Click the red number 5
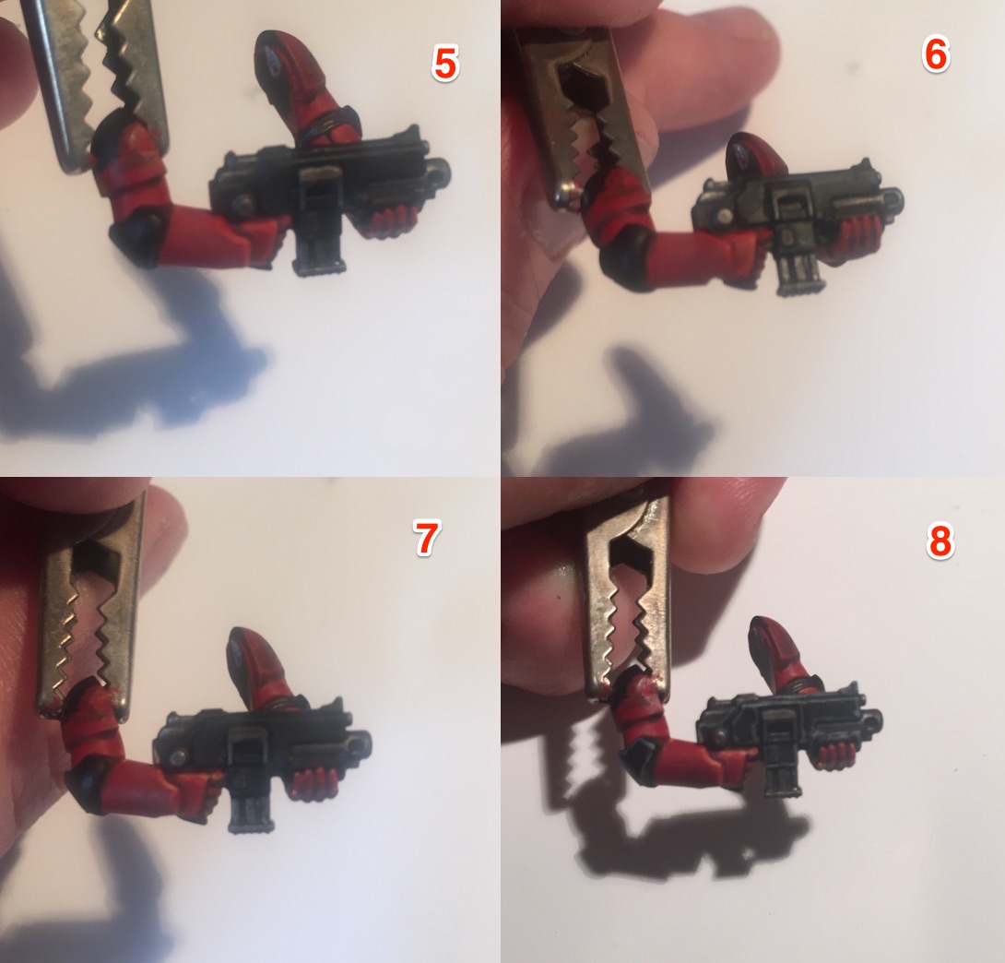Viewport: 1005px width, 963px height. [444, 64]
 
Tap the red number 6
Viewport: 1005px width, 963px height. [935, 54]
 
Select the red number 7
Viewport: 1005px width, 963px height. [426, 537]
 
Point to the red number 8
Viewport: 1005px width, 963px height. [940, 541]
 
